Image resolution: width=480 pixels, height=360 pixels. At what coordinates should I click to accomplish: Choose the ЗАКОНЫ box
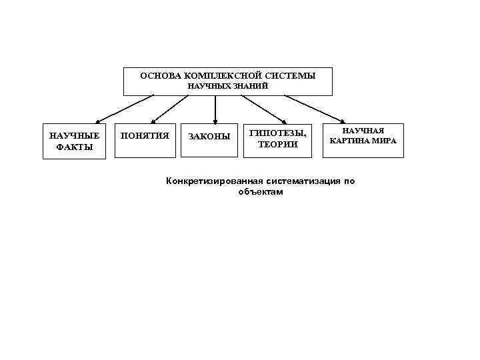[209, 140]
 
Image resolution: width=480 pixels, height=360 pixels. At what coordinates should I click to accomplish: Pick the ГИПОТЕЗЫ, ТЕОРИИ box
[277, 140]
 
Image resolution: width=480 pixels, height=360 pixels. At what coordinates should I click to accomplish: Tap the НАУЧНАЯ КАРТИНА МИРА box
[363, 140]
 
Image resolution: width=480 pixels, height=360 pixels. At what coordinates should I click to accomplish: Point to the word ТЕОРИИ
[277, 145]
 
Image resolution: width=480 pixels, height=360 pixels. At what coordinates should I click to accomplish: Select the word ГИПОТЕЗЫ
[277, 133]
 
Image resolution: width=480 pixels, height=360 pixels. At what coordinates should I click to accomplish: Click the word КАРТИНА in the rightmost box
[350, 141]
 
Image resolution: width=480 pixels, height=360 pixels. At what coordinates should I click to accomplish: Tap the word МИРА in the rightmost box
[384, 141]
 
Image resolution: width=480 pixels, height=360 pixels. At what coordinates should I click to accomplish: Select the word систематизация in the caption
[301, 181]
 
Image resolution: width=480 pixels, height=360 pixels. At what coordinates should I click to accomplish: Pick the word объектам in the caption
[260, 192]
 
